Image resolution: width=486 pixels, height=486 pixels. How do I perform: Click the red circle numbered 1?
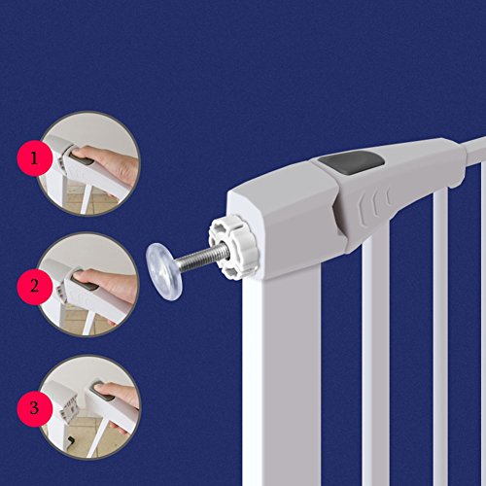[x=35, y=158]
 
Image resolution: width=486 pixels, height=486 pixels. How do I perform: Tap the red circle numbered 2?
[x=35, y=287]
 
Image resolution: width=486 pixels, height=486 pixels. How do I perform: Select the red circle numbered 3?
[x=35, y=408]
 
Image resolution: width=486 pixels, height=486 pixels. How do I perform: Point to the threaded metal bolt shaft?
[x=199, y=257]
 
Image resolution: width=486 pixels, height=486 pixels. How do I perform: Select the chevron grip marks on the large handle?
[x=375, y=203]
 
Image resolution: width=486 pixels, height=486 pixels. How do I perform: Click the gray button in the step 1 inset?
[x=82, y=160]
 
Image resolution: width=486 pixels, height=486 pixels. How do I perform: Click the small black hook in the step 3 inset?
[x=70, y=440]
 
